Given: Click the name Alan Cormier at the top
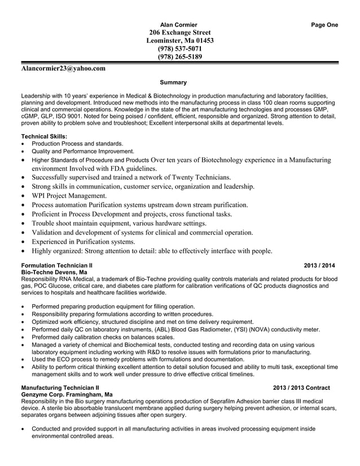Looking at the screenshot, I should (x=179, y=25).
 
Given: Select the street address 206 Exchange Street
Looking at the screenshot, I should (x=179, y=33).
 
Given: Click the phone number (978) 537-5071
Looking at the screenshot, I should (x=179, y=49).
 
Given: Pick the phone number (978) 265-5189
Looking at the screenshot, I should (x=179, y=56).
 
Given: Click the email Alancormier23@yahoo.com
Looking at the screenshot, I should (x=63, y=68).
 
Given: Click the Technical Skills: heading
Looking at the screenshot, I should (x=44, y=136).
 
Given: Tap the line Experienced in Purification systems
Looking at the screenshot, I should (x=83, y=241).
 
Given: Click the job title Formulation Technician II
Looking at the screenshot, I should (x=56, y=265).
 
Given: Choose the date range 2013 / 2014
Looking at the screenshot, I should (x=319, y=265).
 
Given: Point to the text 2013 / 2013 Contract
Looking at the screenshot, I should (x=301, y=388).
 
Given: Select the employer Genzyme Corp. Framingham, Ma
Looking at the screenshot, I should (x=67, y=395).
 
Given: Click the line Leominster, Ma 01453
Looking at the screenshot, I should (x=179, y=41).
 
